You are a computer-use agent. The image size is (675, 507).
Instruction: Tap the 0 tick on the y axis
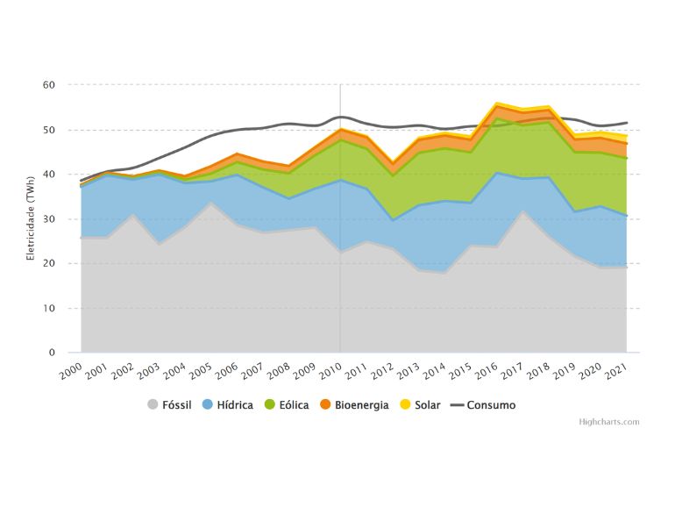tap(51, 353)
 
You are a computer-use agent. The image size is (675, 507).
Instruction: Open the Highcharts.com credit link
tap(609, 422)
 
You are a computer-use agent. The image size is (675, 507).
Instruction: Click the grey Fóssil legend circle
tap(153, 405)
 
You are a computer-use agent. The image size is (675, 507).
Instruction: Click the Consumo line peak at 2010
tap(340, 117)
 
